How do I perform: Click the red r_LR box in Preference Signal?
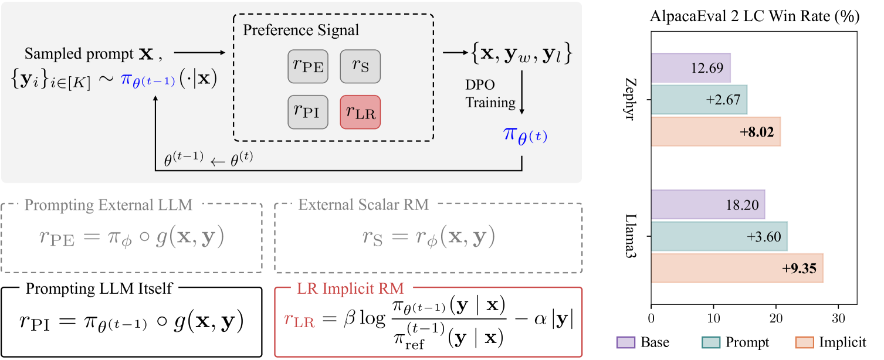pyautogui.click(x=360, y=111)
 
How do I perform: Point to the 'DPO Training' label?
pyautogui.click(x=490, y=94)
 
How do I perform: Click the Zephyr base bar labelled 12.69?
pyautogui.click(x=690, y=67)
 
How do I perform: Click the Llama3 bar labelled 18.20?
pyautogui.click(x=707, y=205)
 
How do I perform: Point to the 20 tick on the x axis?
pyautogui.click(x=776, y=321)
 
